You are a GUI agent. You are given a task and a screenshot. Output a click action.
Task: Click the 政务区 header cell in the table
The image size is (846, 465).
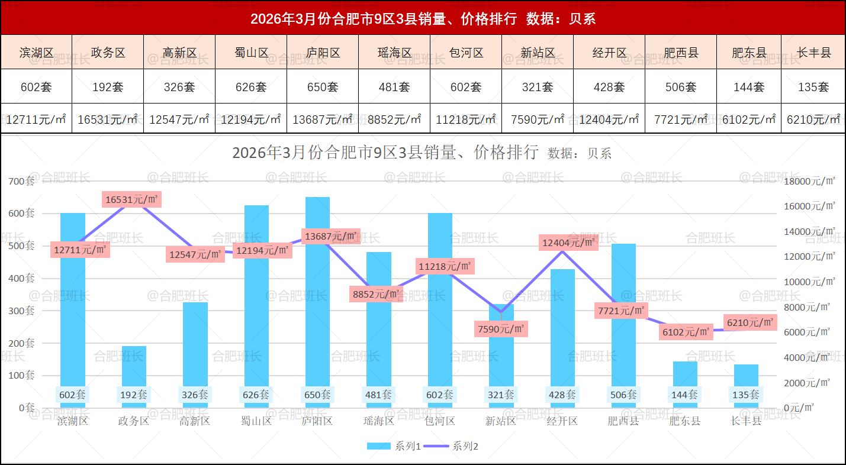(x=108, y=53)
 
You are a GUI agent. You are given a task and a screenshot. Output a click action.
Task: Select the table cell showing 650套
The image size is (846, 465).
(x=323, y=87)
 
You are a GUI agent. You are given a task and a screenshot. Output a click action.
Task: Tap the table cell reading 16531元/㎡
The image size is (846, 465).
(x=108, y=119)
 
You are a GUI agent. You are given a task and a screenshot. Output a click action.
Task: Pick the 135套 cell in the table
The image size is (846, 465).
(x=813, y=87)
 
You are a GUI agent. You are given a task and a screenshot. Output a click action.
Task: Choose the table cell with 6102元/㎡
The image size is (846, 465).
(x=749, y=119)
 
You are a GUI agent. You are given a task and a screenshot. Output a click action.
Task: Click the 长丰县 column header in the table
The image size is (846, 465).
(x=813, y=53)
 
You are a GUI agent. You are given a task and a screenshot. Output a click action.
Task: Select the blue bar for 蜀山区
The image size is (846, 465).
(x=256, y=296)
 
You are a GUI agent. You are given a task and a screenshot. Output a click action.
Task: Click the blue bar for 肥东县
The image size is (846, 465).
(x=685, y=379)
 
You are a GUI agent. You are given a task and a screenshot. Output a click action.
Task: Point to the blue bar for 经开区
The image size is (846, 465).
(x=562, y=331)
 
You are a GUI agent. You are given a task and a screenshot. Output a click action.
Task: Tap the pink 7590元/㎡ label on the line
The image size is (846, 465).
(x=501, y=328)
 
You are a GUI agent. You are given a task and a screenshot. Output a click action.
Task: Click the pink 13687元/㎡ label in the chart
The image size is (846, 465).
(x=331, y=237)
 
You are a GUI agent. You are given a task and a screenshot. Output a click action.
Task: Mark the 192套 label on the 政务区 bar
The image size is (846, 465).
(x=134, y=395)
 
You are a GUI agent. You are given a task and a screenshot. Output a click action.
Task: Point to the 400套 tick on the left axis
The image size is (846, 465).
(x=21, y=278)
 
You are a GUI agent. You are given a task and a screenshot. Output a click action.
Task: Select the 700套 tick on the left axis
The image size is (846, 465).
(x=21, y=181)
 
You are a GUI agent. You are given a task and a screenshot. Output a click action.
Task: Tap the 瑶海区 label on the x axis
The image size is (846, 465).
(x=379, y=421)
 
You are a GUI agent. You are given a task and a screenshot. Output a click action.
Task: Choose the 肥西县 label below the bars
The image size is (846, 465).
(x=623, y=421)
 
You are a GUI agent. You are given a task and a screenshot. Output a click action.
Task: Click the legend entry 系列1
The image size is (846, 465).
(x=394, y=446)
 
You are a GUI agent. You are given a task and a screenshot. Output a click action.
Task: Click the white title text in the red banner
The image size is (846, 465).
(x=423, y=19)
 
